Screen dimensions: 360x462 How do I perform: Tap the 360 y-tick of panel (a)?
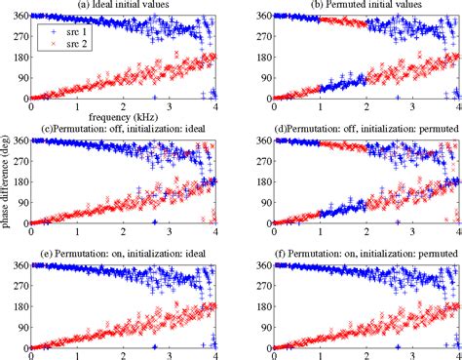pos(17,17)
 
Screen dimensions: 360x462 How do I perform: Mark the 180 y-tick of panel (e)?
pos(17,306)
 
